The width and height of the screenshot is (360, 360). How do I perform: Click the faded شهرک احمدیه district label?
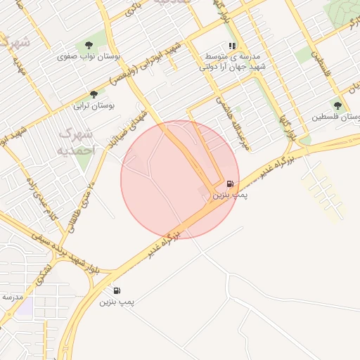pos(76,141)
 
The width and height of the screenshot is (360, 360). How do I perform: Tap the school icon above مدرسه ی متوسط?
pos(231,46)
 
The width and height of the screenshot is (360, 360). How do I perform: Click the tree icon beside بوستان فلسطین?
pos(337,105)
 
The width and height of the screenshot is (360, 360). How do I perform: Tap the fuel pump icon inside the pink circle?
pos(231,184)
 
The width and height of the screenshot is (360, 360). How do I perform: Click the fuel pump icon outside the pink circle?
pos(117,290)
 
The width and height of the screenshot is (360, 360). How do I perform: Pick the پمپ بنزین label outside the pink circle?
pos(117,301)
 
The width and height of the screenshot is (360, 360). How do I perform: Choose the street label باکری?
pos(133,8)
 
